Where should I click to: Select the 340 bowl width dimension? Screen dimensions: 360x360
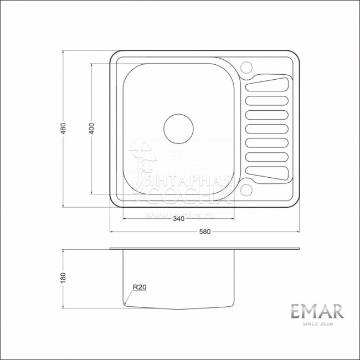click(178, 219)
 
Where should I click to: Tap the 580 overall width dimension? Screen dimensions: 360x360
click(205, 232)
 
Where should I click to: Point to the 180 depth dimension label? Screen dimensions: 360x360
click(64, 277)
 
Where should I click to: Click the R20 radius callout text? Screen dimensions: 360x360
click(138, 287)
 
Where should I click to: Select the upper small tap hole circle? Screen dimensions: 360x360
click(246, 67)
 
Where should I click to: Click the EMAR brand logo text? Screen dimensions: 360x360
click(317, 311)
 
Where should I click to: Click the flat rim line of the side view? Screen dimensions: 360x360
click(205, 248)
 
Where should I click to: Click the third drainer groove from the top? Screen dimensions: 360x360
click(266, 115)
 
